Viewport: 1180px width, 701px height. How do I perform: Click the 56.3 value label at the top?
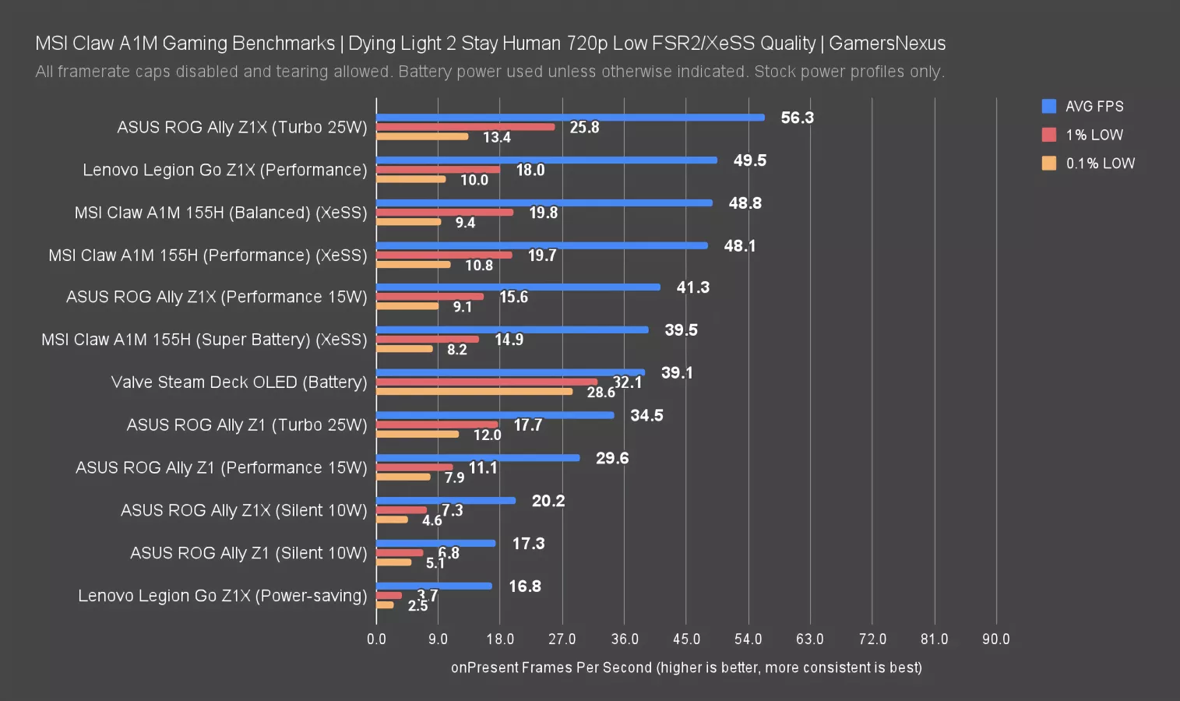[x=797, y=118]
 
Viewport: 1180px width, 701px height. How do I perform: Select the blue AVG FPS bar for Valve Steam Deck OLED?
[x=510, y=372]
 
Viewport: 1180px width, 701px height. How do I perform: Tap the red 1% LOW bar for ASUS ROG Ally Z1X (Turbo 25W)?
[x=465, y=127]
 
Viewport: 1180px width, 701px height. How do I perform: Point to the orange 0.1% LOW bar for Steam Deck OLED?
[x=474, y=391]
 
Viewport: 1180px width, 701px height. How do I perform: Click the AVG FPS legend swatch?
[x=1049, y=106]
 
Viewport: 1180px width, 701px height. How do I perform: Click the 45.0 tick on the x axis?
[x=686, y=639]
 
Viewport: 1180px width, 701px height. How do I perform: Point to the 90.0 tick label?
[x=995, y=639]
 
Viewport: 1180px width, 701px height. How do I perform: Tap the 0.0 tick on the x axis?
[x=376, y=639]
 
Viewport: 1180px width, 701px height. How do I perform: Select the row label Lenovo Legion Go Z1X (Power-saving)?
[x=222, y=596]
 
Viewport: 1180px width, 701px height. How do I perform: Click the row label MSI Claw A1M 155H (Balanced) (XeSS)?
[x=220, y=213]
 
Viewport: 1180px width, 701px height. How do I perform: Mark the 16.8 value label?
[x=525, y=587]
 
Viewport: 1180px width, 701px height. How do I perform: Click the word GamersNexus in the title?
[x=887, y=44]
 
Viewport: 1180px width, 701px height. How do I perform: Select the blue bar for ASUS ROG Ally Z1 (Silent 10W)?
[x=435, y=544]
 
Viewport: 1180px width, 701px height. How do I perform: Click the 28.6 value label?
[x=601, y=393]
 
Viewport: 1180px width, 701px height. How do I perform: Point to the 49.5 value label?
[x=749, y=160]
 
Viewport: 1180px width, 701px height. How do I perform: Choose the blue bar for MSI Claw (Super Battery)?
[x=512, y=329]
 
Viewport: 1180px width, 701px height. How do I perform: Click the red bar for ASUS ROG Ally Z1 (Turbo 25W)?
[x=437, y=424]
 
